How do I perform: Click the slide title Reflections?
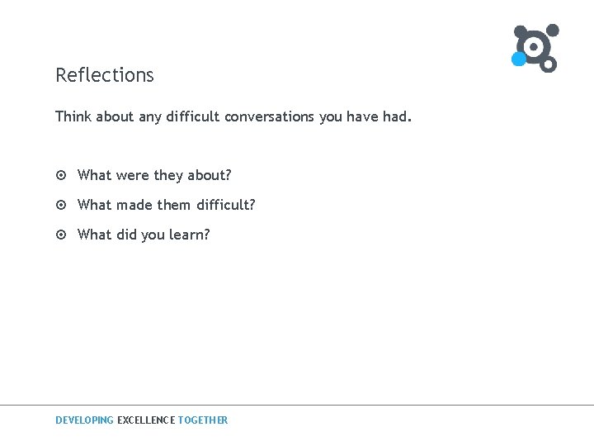[105, 75]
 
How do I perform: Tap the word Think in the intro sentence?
[73, 116]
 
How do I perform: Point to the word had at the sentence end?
[395, 116]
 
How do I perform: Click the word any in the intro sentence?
[150, 117]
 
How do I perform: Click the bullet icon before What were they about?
[61, 175]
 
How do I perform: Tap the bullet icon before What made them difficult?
[61, 205]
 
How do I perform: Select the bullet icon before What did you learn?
[61, 235]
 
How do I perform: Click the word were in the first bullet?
[133, 175]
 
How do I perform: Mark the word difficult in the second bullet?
[226, 205]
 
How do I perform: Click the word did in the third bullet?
[126, 235]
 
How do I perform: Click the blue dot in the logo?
[518, 59]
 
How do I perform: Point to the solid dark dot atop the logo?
[553, 31]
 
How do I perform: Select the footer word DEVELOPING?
[84, 420]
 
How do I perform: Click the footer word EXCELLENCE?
[146, 420]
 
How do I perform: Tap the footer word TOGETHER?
[203, 420]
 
